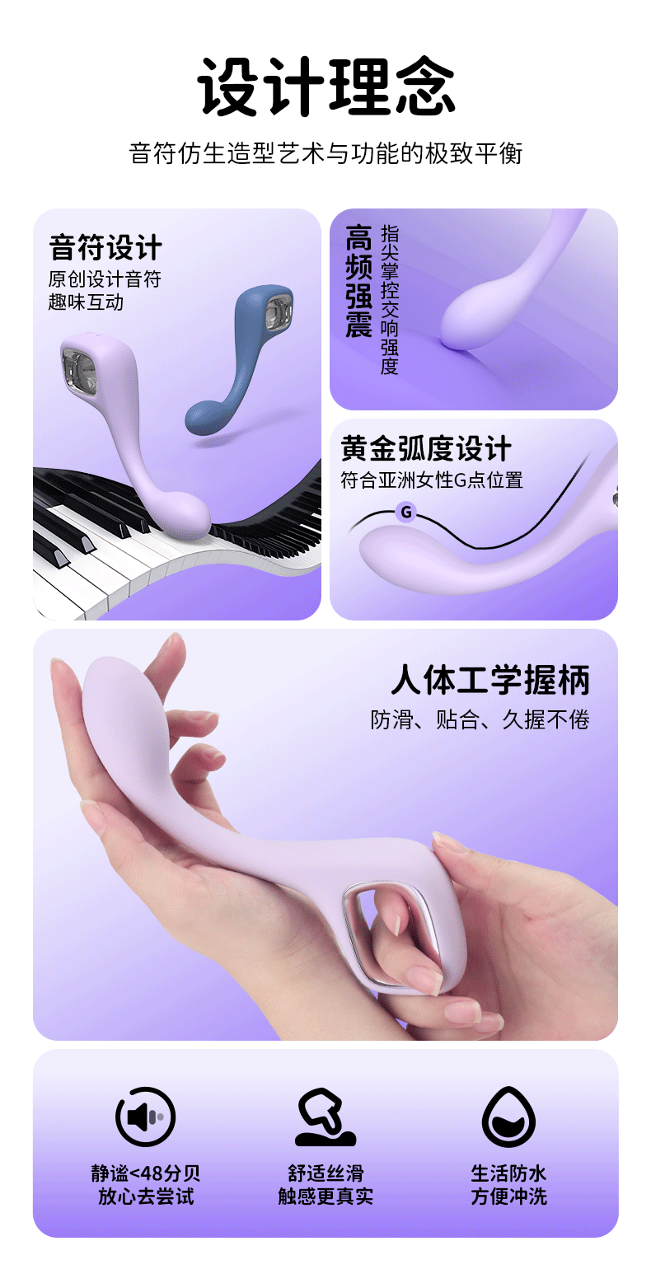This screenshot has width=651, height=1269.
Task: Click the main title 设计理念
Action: tap(325, 86)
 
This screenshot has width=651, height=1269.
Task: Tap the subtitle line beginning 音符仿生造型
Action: tap(325, 153)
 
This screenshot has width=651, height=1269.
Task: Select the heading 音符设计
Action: tap(105, 247)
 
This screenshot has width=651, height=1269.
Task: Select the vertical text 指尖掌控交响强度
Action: tap(389, 300)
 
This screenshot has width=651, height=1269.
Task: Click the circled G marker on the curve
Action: tap(405, 513)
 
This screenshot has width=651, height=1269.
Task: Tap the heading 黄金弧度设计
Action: tap(425, 448)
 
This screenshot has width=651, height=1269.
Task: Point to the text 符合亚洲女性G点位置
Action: tap(432, 480)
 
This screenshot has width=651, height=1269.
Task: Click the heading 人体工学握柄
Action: tap(490, 680)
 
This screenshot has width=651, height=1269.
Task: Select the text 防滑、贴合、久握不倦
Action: tap(480, 719)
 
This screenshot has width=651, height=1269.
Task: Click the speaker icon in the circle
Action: tap(146, 1117)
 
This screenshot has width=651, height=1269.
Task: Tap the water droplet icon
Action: tap(508, 1117)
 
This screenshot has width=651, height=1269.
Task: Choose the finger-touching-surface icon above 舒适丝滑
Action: tap(325, 1117)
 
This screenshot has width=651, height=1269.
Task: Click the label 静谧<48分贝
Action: tap(146, 1172)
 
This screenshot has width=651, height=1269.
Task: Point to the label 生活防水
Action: tap(508, 1172)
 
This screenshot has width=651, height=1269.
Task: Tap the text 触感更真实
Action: tap(325, 1196)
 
